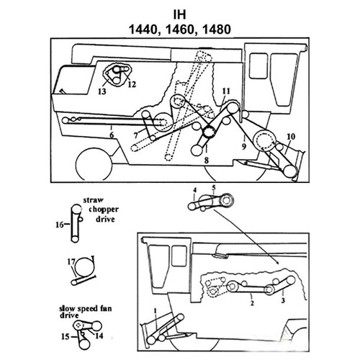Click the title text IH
pos(180,14)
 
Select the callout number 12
pos(131,84)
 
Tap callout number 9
pos(243,146)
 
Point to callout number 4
pos(194,189)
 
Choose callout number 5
pos(212,188)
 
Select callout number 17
pos(71,261)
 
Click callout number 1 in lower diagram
pos(154,310)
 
